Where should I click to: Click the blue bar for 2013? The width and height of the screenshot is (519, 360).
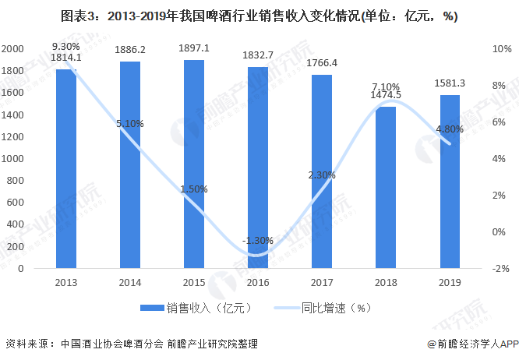tap(65, 168)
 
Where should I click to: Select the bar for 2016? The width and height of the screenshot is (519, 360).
tap(258, 168)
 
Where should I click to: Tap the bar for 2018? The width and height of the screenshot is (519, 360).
tap(386, 187)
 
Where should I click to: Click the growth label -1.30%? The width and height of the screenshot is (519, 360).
tap(257, 241)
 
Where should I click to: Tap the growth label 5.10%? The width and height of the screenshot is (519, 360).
tap(130, 123)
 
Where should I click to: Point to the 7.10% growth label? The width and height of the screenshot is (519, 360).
tap(386, 86)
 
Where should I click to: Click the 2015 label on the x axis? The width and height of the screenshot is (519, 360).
tap(194, 284)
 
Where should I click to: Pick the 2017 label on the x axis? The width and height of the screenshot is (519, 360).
tap(322, 284)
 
